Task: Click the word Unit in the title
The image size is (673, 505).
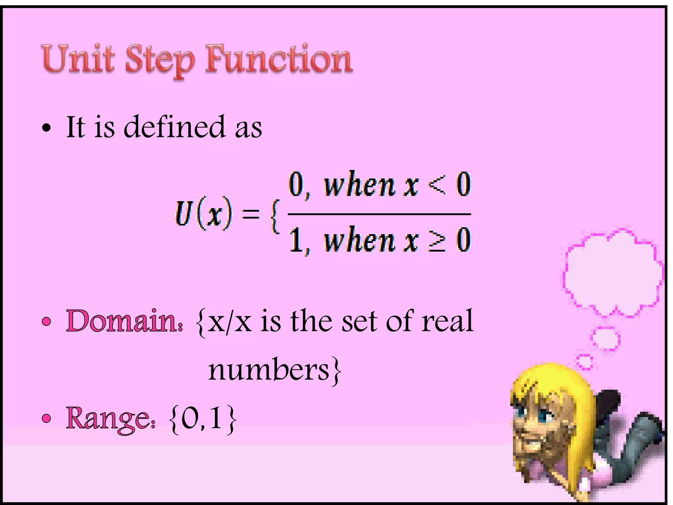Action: click(78, 59)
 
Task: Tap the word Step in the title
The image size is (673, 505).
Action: click(160, 61)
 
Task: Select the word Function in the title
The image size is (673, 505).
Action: click(279, 59)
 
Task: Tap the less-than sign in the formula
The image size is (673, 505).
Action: click(437, 185)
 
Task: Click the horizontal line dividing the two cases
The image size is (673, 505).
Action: click(379, 214)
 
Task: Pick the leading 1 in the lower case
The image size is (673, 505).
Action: click(295, 240)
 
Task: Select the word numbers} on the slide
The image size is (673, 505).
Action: click(275, 371)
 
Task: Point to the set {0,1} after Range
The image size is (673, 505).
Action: click(203, 419)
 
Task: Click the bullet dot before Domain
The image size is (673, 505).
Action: click(47, 322)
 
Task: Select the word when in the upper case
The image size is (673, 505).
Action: click(359, 185)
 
